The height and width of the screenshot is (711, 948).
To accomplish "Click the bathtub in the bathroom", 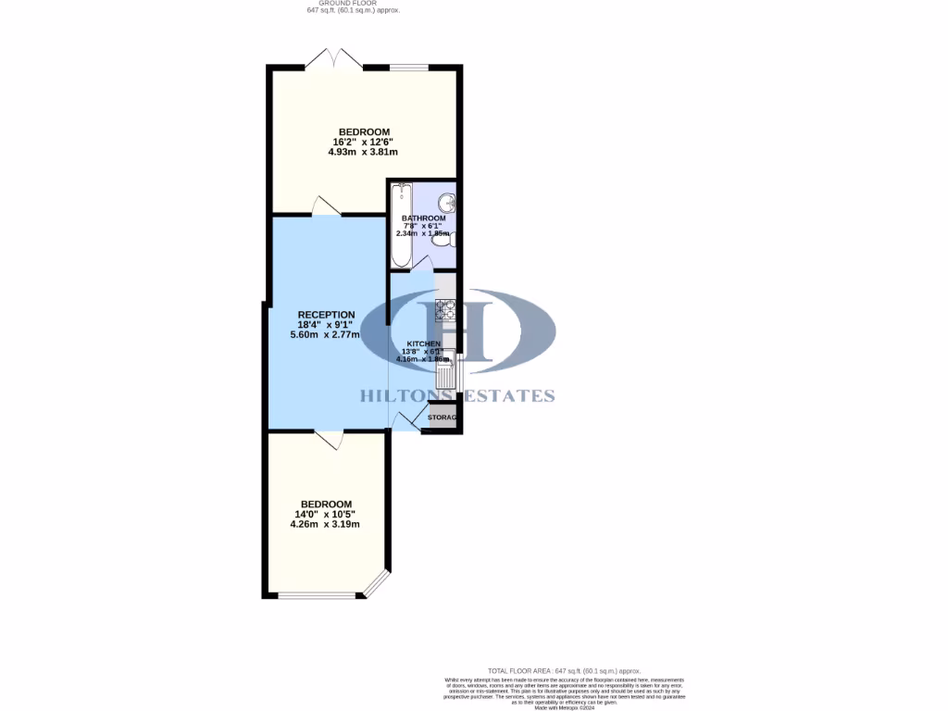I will [x=400, y=225].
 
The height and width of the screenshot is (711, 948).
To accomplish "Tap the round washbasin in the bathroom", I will [x=446, y=202].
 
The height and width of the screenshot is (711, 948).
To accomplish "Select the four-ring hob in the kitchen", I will [x=445, y=310].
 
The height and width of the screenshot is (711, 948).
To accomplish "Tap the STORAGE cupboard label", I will [x=443, y=418].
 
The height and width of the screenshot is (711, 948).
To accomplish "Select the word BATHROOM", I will [x=423, y=218].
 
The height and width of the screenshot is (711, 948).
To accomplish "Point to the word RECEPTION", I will [x=326, y=315].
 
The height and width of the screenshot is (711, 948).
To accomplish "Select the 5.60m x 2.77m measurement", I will [x=325, y=334].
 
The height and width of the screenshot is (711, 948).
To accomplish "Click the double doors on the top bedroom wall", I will [x=334, y=59].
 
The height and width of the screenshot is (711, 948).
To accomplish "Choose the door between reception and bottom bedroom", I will [x=328, y=440].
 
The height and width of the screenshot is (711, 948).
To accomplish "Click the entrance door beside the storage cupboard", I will [x=405, y=421].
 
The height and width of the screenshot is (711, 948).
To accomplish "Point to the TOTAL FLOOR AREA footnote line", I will [x=564, y=670].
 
